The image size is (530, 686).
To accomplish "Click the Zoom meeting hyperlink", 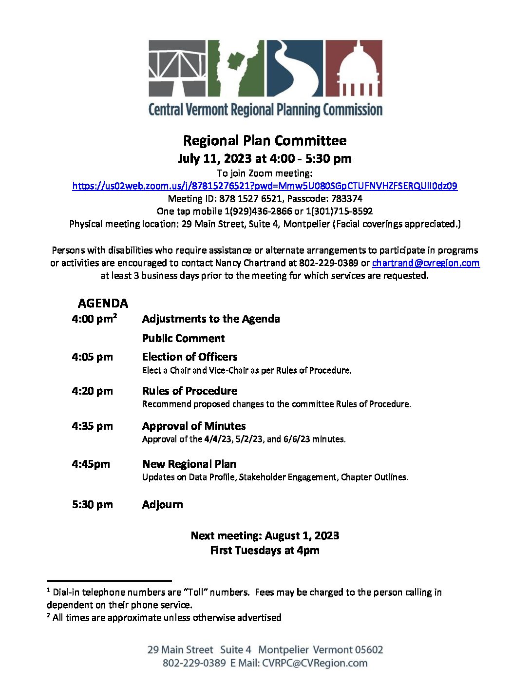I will coord(265,186).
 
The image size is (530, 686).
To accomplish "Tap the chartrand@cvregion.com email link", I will coord(425,263).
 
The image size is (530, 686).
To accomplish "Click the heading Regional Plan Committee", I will coord(265,141).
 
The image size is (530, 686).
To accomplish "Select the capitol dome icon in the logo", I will coord(353,68).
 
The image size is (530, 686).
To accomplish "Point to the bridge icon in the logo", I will coord(178,68).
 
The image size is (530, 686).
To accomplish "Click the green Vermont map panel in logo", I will coord(236,68).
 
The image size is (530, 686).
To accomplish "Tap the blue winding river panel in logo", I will coord(294,68).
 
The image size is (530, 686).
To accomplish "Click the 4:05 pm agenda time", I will coord(92,357).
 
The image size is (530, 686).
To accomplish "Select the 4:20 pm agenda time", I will coord(92,391).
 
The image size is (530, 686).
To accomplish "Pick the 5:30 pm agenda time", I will coord(92,505).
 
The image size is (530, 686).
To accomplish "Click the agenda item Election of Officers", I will coord(189,357).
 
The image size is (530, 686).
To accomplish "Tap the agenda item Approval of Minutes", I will coord(194,426).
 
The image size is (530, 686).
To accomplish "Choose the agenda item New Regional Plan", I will coord(189,464).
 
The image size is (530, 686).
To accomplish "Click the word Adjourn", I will coord(163,505).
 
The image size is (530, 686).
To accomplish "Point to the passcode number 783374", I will coord(347,199).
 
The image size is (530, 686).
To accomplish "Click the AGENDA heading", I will coord(103,304).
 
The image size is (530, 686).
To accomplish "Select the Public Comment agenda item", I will coord(183,339).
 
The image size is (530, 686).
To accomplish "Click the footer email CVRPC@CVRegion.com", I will coord(315,663).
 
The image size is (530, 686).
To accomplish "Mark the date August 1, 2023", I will coord(302,536).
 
